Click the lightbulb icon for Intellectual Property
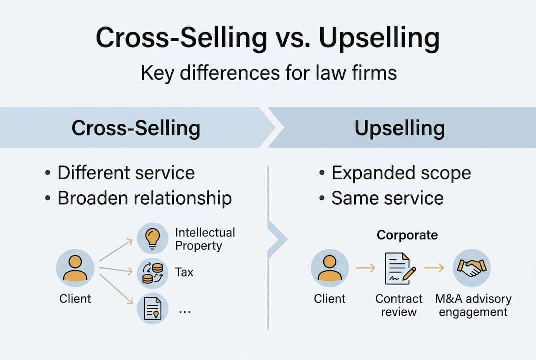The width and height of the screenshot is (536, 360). point(152,238)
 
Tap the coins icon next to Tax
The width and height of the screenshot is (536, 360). point(152,273)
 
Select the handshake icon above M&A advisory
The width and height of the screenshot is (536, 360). point(471,268)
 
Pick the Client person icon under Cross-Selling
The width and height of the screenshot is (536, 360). point(75,268)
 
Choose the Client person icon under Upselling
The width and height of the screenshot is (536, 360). point(329,268)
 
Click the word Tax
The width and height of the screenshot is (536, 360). point(184,272)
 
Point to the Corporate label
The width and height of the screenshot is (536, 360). point(407,235)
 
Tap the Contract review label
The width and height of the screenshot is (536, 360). point(399,305)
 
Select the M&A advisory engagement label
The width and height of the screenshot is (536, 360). point(473,305)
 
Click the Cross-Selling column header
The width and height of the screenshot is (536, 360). point(136,128)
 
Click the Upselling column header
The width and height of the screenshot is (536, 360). point(400,128)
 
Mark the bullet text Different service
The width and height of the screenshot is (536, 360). point(126,173)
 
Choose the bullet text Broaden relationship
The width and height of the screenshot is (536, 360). point(144,198)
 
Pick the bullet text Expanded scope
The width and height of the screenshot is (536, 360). point(401,173)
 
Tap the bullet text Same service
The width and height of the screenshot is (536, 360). point(387,198)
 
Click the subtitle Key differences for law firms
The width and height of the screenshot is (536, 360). point(268,73)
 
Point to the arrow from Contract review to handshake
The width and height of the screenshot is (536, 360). point(434,268)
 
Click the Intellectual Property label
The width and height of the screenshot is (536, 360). point(205,239)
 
